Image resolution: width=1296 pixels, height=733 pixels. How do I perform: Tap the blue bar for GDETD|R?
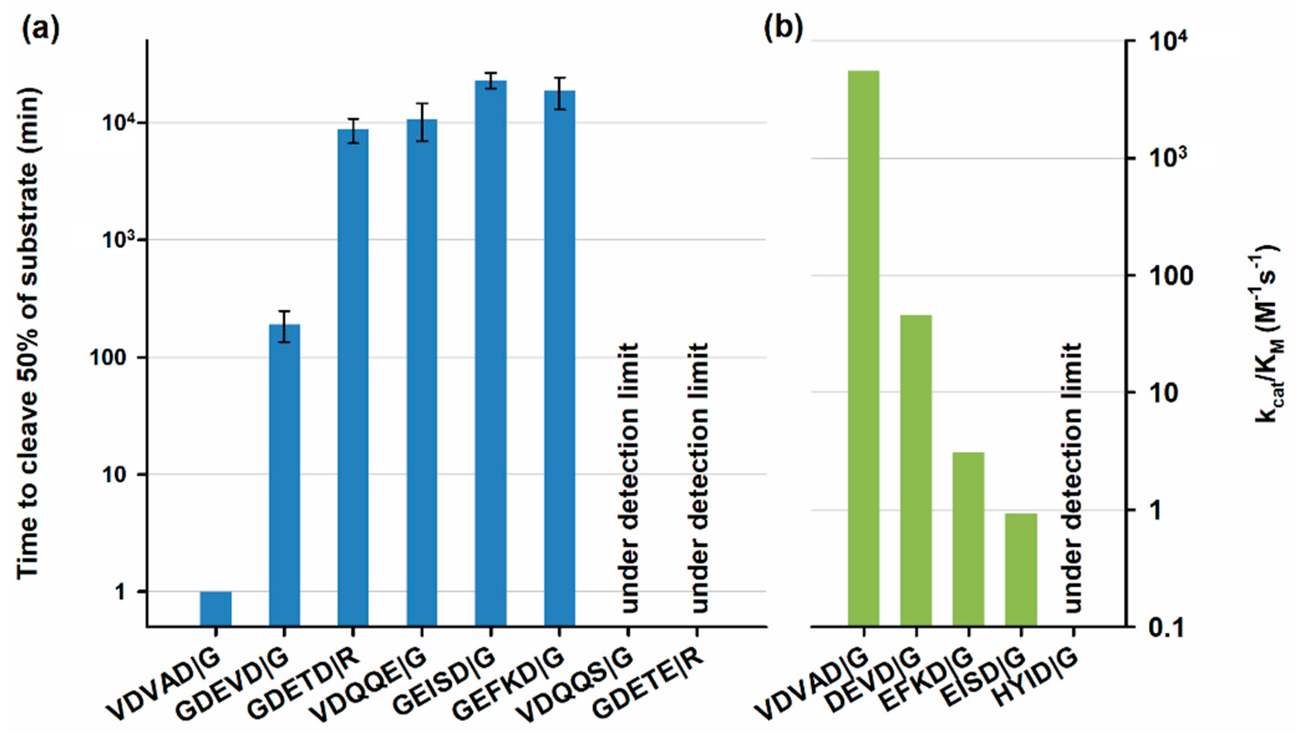353,378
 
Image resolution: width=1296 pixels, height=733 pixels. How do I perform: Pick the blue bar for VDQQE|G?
422,373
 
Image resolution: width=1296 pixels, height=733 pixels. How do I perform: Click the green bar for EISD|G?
1021,569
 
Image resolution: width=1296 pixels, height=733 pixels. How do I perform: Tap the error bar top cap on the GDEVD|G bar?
284,311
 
